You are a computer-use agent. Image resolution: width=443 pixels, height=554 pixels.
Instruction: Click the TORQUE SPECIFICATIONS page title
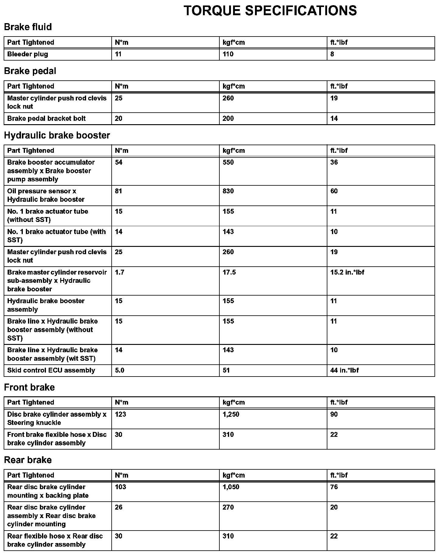pos(270,11)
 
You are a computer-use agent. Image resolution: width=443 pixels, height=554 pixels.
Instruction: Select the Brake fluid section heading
pos(28,27)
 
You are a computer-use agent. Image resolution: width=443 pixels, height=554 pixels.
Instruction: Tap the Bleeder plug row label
pos(28,54)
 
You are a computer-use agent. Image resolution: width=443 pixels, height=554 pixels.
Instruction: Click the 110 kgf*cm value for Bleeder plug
pos(228,54)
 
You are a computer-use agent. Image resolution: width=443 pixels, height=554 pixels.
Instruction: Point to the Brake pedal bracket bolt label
pos(47,118)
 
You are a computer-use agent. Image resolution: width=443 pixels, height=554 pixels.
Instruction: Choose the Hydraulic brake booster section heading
pos(57,135)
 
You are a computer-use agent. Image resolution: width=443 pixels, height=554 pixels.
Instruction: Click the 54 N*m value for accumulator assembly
pos(119,162)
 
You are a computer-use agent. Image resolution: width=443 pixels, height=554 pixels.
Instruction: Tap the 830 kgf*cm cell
pos(228,191)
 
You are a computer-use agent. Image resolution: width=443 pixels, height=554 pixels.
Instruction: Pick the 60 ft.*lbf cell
pos(334,191)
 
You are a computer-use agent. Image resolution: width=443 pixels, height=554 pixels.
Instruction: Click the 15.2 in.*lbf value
pos(347,272)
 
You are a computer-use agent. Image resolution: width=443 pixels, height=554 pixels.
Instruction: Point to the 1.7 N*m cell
pos(120,272)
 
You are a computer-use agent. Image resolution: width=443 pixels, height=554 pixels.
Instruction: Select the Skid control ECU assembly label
pos(51,370)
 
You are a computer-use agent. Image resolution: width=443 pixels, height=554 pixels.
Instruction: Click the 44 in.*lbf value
pos(344,370)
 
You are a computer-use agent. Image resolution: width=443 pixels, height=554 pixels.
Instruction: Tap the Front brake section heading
pos(30,387)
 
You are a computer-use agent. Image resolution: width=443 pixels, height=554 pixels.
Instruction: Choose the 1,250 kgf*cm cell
pos(231,414)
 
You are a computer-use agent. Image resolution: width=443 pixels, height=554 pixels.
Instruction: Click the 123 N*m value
pos(120,414)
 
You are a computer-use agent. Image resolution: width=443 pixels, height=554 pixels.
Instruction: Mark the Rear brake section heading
pos(28,460)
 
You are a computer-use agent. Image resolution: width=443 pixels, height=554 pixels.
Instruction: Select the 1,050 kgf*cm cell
pos(231,487)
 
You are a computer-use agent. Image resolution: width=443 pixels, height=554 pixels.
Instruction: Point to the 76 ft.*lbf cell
pos(334,487)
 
